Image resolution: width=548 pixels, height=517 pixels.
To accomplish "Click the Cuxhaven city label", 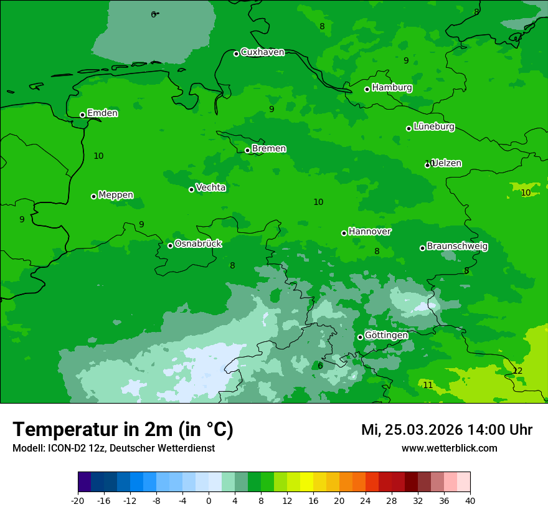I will [262, 52].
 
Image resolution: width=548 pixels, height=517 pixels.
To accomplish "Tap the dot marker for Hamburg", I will [367, 89].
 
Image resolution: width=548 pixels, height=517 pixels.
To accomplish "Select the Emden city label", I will [102, 113].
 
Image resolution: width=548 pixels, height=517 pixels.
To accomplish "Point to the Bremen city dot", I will [247, 150].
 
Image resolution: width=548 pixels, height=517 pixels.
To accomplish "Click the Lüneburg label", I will [433, 127].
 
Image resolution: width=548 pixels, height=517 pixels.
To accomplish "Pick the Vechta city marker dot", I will [192, 189].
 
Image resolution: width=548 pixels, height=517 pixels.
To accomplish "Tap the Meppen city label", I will [116, 195].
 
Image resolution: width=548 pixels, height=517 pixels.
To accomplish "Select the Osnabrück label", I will [198, 244].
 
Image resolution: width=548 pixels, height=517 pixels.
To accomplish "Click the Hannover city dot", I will [344, 233].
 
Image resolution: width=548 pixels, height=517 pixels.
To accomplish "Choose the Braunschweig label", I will [457, 247].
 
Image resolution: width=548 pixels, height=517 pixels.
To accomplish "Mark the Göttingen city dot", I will [360, 337].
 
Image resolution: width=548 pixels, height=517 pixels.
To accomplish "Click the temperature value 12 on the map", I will [517, 371].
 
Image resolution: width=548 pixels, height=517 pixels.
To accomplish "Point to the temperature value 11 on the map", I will [428, 386].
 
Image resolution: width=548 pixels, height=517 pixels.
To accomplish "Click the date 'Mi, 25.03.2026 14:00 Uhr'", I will [446, 430].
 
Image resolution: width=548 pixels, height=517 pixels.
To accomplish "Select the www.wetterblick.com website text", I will [449, 448].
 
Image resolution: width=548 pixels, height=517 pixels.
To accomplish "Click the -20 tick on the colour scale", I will [78, 500].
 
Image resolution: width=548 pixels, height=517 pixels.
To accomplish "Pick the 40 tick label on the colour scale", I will [470, 500].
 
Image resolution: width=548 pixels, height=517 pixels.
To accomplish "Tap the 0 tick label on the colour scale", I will [209, 500].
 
